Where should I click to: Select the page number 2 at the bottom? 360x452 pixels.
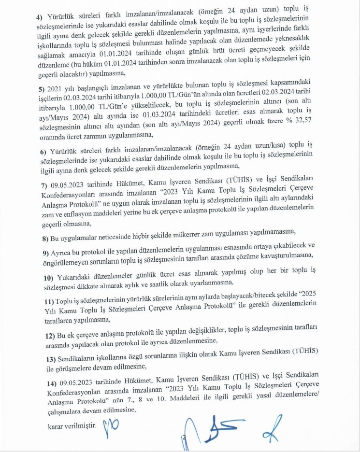(184, 437)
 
